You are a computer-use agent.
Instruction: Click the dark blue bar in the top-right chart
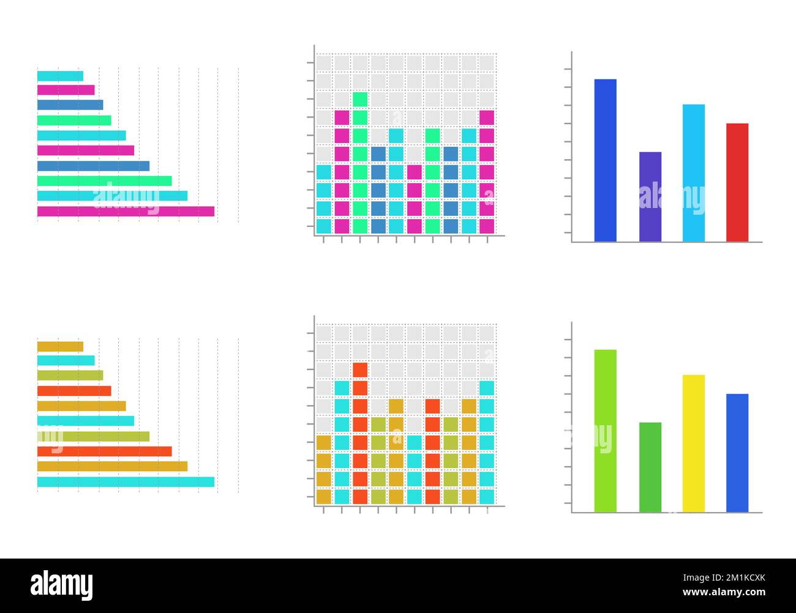[x=605, y=160]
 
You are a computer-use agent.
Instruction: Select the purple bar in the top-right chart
[x=650, y=196]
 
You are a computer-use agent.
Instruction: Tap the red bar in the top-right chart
[x=737, y=182]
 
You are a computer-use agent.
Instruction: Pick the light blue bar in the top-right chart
[x=693, y=173]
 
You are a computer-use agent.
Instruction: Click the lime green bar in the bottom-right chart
[x=605, y=431]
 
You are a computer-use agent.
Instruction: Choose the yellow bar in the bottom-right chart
[x=693, y=443]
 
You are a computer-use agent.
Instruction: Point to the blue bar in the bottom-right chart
[x=737, y=453]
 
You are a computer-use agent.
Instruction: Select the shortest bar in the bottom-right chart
[x=650, y=467]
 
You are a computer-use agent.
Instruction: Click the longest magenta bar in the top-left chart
[x=126, y=211]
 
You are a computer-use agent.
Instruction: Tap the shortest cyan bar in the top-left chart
[x=60, y=76]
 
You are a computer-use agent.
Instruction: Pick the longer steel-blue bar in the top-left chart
[x=93, y=166]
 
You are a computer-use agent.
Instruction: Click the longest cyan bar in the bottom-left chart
[x=126, y=481]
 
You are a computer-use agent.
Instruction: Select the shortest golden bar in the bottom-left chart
[x=60, y=346]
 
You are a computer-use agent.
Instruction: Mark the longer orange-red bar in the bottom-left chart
[x=104, y=451]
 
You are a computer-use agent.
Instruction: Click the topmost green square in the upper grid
[x=360, y=99]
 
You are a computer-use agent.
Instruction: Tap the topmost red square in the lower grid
[x=360, y=370]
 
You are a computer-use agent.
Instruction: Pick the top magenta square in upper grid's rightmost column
[x=487, y=117]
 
